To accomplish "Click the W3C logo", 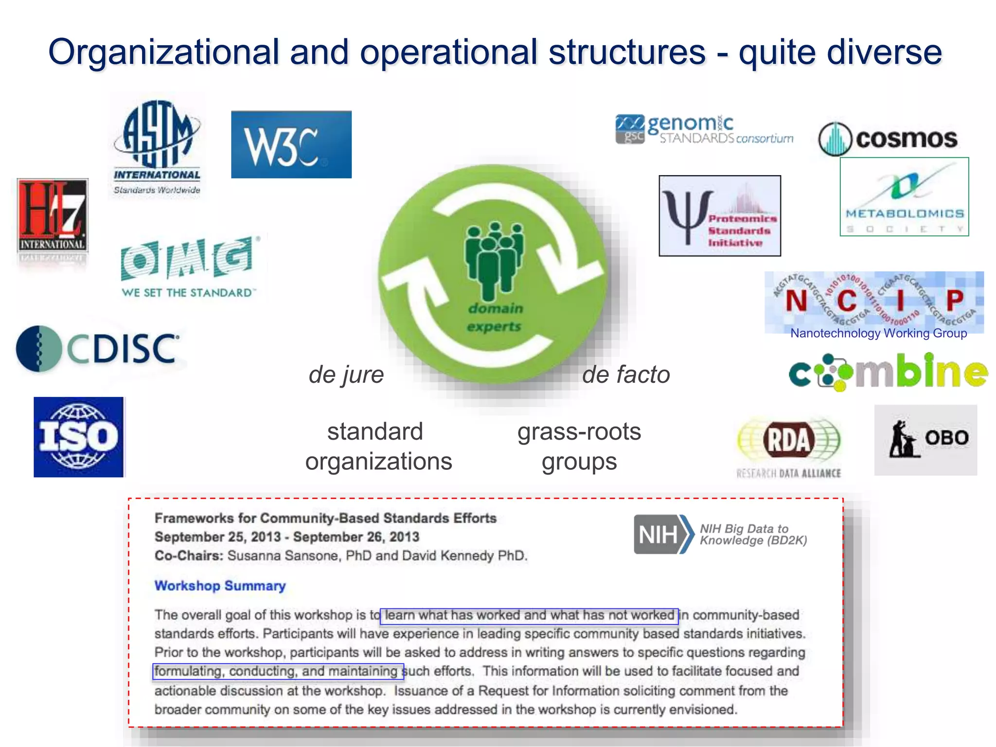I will coord(291,144).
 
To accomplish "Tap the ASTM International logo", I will coord(157,146).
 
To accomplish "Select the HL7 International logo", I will coord(53,216).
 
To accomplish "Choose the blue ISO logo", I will coord(79,437).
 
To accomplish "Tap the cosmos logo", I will coord(888,139).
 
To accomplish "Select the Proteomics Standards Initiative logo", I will coord(720,216).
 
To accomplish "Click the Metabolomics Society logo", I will coord(904,197).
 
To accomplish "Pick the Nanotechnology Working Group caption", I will coord(878,333).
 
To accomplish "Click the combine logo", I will coord(888,372).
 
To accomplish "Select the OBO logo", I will coord(925,440).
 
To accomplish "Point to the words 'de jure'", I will coord(346,374).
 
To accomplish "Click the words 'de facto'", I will coord(626,374).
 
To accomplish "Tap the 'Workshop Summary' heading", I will coord(220,586).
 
